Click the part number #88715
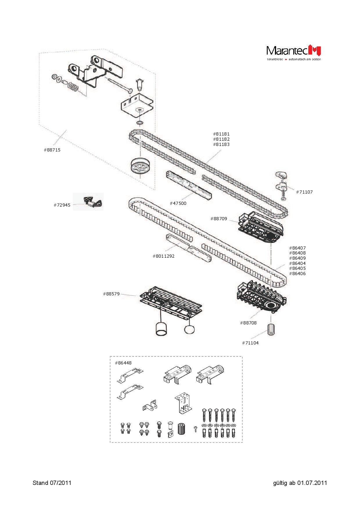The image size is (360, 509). coord(52,150)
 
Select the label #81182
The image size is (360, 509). coord(221,139)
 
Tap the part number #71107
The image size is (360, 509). coord(304,192)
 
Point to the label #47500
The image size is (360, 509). coord(178,203)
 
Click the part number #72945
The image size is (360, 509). coord(62,205)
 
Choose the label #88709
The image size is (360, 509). coord(219,219)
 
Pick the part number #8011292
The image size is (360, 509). coord(163,256)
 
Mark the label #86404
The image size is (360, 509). coord(297,263)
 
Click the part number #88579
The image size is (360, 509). coord(111,294)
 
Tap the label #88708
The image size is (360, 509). coord(248,323)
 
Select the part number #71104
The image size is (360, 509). coord(250,343)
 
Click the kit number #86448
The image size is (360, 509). coord(123,363)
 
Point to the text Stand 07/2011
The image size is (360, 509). coord(52,483)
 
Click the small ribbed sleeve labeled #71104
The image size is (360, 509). coord(271,329)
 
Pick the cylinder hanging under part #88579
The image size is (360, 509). coord(161,329)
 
